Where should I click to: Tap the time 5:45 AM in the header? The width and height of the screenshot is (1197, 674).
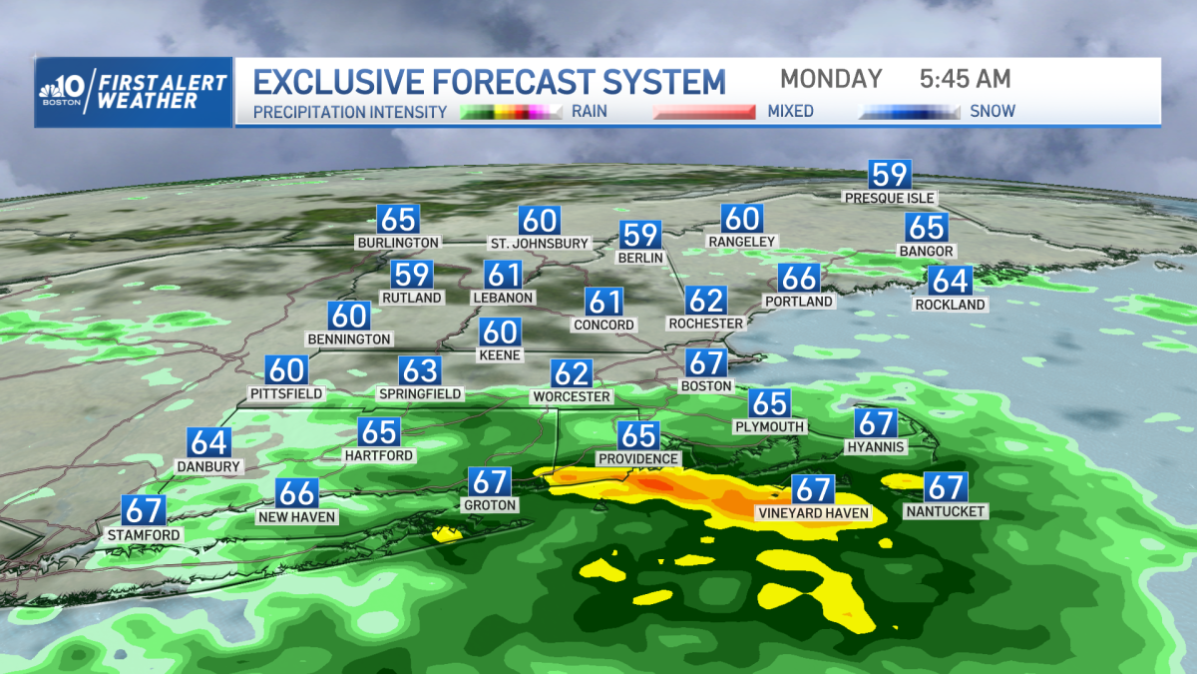point(965,79)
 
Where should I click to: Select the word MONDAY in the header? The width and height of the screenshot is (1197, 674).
point(831,79)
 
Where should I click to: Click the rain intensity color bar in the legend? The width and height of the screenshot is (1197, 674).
point(512,112)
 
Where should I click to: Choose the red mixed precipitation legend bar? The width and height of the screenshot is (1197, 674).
point(703,112)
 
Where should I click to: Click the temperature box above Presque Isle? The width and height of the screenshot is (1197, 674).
point(889,174)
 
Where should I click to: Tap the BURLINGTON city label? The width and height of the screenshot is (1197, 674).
point(397,243)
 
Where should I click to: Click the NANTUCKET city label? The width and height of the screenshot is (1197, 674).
point(945,512)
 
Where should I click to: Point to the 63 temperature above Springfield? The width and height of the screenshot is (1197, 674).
point(420,370)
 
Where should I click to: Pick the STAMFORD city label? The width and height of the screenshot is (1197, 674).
point(145,535)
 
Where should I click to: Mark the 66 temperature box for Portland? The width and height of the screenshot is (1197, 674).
point(799,278)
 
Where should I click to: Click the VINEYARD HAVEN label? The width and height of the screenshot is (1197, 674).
point(812,514)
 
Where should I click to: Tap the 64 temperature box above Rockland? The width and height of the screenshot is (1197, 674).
point(950,281)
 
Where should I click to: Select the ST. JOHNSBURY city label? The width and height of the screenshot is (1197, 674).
point(539,244)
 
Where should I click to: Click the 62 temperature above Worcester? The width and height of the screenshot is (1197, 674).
point(572,373)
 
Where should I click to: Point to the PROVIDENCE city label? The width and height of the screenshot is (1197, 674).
point(638,459)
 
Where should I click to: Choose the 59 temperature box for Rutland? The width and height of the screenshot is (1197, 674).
point(411,275)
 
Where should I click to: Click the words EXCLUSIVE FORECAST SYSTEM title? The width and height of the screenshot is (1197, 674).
point(490,81)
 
